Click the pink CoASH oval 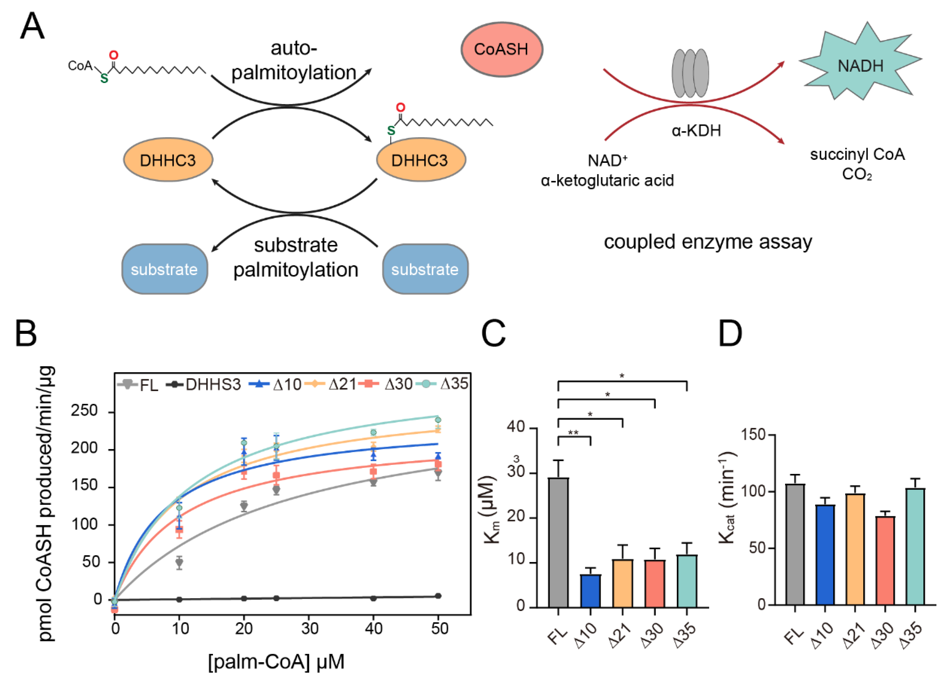502,49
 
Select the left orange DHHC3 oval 168,160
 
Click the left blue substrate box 165,269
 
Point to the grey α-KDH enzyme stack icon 690,73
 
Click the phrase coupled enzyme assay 708,242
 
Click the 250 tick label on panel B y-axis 84,411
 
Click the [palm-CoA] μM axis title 276,661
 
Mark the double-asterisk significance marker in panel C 574,433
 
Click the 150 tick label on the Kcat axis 753,435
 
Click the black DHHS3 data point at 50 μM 438,596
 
